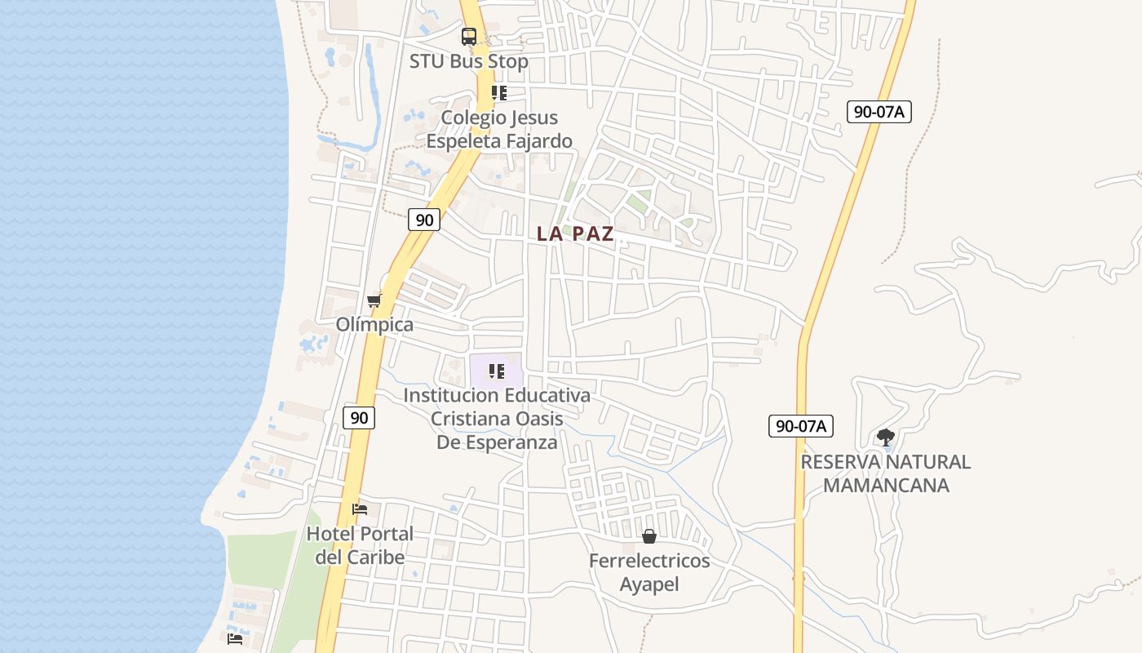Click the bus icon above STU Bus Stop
click(468, 37)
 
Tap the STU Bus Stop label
click(468, 61)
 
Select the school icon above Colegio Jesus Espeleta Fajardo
click(498, 93)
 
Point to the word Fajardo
click(535, 141)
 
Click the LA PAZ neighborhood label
click(575, 233)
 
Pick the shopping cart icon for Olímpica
click(374, 300)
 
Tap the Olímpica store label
click(374, 324)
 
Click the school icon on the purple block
click(496, 372)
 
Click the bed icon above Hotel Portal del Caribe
click(359, 509)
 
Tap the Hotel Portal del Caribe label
click(360, 545)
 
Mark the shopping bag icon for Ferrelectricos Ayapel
click(649, 536)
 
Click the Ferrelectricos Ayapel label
click(649, 572)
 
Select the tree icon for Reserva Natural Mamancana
click(885, 438)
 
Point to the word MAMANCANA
click(886, 486)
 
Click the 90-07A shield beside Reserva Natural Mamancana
click(800, 425)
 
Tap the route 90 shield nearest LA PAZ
click(423, 219)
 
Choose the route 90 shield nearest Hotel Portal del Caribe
click(358, 418)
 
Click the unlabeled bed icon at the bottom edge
click(235, 638)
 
